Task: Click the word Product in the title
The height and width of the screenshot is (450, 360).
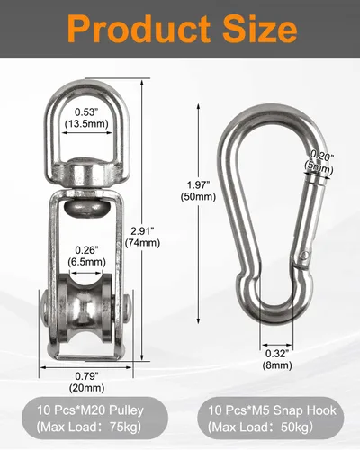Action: point(139,30)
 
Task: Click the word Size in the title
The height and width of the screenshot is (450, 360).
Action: point(260,29)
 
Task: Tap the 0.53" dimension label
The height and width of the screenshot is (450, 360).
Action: point(86,112)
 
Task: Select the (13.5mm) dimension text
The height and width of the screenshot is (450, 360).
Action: point(86,123)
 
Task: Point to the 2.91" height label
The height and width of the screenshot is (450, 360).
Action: point(142,231)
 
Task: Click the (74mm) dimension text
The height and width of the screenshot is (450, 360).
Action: point(142,243)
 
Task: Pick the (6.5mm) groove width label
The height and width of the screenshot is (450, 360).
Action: point(86,262)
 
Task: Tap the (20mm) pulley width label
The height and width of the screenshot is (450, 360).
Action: point(86,388)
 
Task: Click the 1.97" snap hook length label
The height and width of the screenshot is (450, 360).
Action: point(198,184)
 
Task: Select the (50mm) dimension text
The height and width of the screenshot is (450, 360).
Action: point(198,197)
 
